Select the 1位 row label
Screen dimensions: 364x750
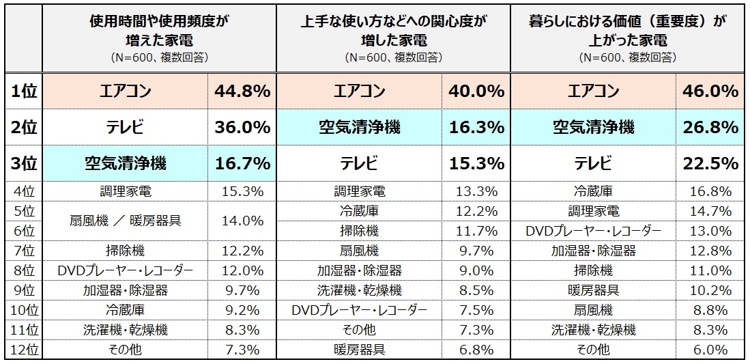pyautogui.click(x=24, y=91)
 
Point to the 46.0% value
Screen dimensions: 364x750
pyautogui.click(x=710, y=91)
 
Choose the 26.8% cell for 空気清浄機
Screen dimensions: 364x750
pyautogui.click(x=710, y=127)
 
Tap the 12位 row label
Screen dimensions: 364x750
pyautogui.click(x=24, y=350)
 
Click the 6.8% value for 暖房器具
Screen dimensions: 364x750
pyautogui.click(x=476, y=350)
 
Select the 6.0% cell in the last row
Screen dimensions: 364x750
pyautogui.click(x=710, y=350)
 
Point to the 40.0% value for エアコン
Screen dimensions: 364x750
pyautogui.click(x=476, y=91)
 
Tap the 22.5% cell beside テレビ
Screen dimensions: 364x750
pyautogui.click(x=710, y=163)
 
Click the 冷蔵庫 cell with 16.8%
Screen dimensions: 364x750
pyautogui.click(x=593, y=191)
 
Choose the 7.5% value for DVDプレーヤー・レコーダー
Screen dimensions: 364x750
pyautogui.click(x=476, y=311)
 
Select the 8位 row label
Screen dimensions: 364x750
pyautogui.click(x=24, y=271)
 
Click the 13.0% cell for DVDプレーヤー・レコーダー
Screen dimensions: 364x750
pyautogui.click(x=710, y=232)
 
